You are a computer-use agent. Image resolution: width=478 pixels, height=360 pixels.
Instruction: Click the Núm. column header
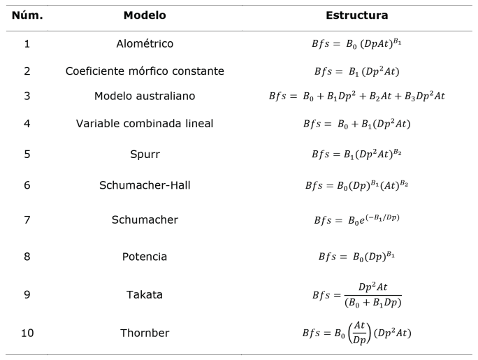click(x=27, y=15)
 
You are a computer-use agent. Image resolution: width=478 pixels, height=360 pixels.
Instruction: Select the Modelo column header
click(x=145, y=15)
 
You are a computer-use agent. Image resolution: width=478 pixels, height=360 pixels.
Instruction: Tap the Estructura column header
click(x=357, y=15)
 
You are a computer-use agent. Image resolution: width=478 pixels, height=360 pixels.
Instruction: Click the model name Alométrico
click(x=145, y=43)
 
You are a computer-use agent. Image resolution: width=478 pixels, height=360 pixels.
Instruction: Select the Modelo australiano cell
click(x=145, y=96)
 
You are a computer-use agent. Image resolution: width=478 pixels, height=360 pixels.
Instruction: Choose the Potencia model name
click(x=145, y=256)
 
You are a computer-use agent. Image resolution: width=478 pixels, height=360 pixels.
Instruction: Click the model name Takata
click(x=145, y=294)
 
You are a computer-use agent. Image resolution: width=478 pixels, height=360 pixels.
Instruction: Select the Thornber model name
click(x=145, y=332)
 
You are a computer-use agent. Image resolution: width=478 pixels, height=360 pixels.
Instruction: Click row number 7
click(x=27, y=219)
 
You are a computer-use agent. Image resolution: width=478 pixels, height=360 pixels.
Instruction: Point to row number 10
click(x=27, y=332)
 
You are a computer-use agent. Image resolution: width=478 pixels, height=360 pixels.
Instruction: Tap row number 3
click(x=27, y=96)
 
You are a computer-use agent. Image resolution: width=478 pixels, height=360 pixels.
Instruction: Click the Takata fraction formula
click(x=357, y=295)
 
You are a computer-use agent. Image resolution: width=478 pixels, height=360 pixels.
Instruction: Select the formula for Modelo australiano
click(x=357, y=96)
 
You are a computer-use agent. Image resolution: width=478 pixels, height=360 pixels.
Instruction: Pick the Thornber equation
click(x=357, y=332)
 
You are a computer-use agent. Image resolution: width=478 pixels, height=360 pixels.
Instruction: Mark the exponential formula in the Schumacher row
click(x=357, y=219)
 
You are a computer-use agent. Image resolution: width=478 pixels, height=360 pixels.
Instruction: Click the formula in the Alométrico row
click(x=357, y=43)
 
